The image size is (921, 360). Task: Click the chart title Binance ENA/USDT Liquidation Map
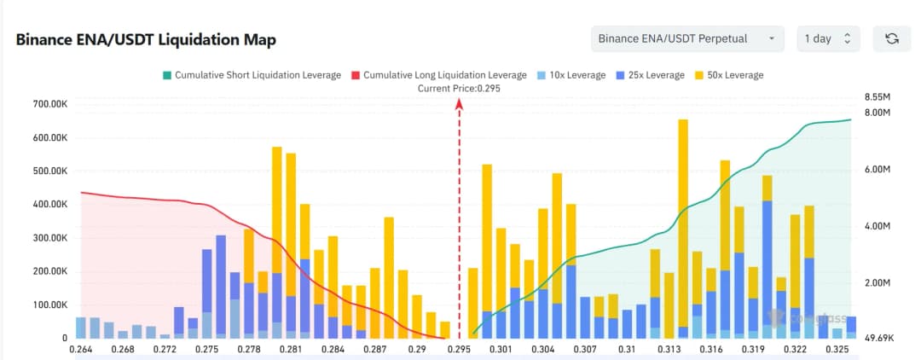pyautogui.click(x=146, y=40)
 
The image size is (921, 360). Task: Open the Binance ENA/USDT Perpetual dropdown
pyautogui.click(x=687, y=38)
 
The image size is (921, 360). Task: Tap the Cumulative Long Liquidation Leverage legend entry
pyautogui.click(x=438, y=75)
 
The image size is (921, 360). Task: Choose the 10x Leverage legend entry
pyautogui.click(x=571, y=75)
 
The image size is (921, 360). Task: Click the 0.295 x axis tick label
pyautogui.click(x=460, y=350)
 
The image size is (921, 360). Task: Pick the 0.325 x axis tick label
pyautogui.click(x=837, y=350)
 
